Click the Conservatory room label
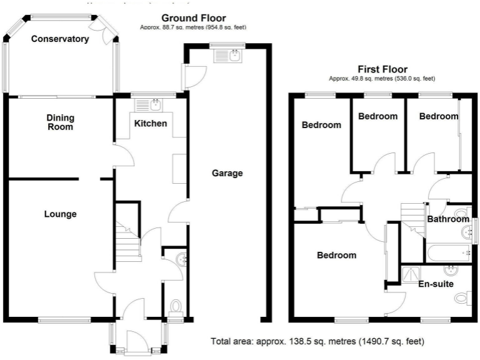pos(60,39)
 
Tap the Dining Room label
pos(60,122)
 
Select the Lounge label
pos(60,214)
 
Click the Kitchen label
pos(151,123)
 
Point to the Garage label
pos(227,173)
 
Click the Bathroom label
pos(448,219)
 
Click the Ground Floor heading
pos(193,18)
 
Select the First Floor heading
pos(382,69)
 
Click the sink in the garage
pos(227,56)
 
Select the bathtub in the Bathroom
pos(447,253)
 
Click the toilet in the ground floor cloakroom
pos(176,306)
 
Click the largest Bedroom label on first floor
pos(336,255)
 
